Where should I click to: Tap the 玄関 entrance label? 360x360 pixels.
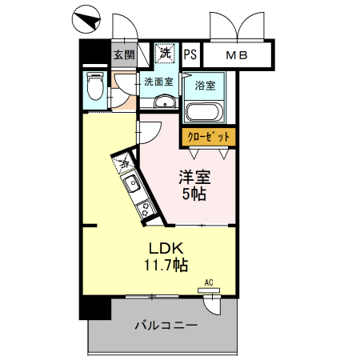[x=123, y=55]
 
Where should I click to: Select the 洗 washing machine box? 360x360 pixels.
[x=165, y=54]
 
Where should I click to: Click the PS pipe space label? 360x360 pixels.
[x=190, y=55]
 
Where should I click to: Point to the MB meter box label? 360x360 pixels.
[x=236, y=55]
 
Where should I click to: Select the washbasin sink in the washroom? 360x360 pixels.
[x=165, y=101]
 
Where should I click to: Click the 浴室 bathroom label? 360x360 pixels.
[x=204, y=83]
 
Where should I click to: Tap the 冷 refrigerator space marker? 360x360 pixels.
[x=125, y=163]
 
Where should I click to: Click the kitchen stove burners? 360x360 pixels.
[x=146, y=210]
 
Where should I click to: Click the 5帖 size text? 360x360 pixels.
[x=195, y=194]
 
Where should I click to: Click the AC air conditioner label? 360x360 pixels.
[x=209, y=282]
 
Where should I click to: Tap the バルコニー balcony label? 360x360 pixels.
[x=166, y=326]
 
